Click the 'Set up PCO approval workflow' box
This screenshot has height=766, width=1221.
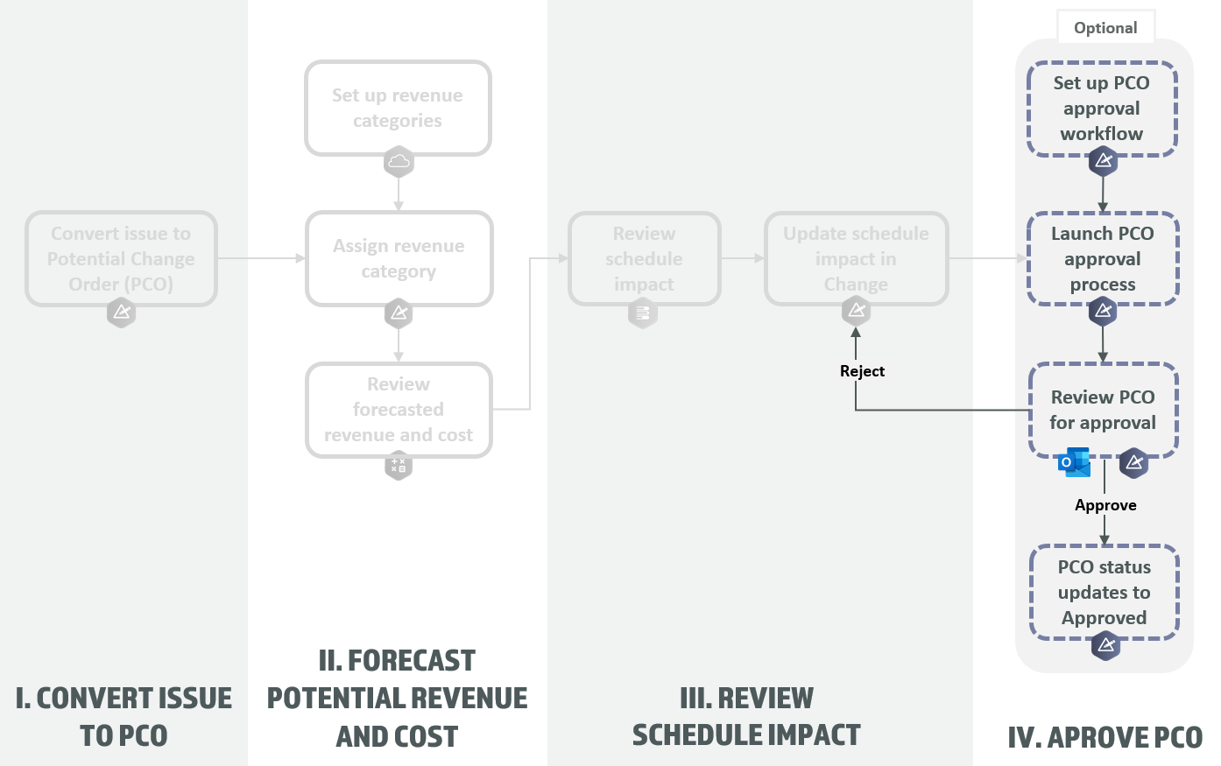(1101, 109)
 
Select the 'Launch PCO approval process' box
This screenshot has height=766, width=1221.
(1102, 259)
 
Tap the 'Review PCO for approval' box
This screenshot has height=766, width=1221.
(1103, 410)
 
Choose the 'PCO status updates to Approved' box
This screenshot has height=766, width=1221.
(1104, 593)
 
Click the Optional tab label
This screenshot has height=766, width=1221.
(1105, 28)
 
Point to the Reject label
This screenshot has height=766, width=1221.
(862, 371)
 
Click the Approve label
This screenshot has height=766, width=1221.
(1105, 505)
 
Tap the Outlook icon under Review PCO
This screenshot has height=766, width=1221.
(1075, 462)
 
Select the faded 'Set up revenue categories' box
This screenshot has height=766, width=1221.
(398, 108)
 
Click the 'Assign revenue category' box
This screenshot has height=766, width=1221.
(399, 258)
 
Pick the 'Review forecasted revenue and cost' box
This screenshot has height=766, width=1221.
(399, 410)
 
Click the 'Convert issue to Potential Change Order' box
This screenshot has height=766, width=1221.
(121, 258)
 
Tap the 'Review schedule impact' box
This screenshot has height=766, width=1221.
(644, 258)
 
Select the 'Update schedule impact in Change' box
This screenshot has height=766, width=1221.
(856, 258)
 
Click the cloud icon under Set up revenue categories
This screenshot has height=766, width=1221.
(399, 162)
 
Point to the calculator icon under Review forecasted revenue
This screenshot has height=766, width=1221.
(399, 465)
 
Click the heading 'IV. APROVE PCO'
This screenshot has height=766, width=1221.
(1105, 738)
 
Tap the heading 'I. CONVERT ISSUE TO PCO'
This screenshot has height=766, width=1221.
(124, 717)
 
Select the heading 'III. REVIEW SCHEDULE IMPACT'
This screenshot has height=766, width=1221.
(746, 717)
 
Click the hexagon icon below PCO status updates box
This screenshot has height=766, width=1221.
(1105, 646)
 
